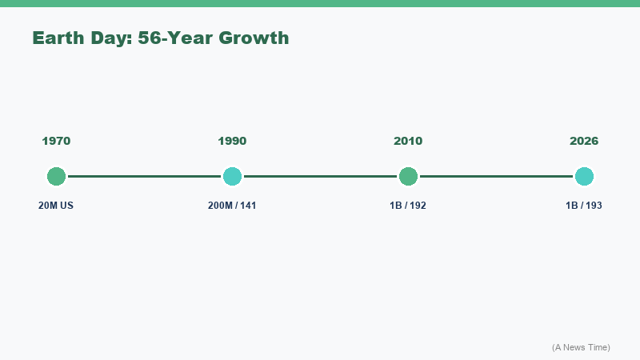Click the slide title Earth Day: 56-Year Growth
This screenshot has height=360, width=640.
click(x=160, y=38)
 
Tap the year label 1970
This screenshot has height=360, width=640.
click(x=56, y=142)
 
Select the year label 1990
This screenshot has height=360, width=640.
click(x=232, y=142)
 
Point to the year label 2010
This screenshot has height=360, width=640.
click(x=408, y=142)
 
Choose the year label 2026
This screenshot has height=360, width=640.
click(x=584, y=142)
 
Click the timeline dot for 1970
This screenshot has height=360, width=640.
click(x=56, y=176)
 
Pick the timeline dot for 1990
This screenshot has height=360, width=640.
click(x=232, y=176)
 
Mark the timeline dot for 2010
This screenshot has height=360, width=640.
click(x=408, y=176)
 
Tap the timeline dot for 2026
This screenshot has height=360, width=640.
click(x=584, y=176)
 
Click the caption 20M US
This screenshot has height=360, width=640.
click(x=56, y=206)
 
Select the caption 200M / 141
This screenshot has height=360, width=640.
click(x=232, y=206)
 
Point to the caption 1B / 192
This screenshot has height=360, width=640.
click(x=408, y=206)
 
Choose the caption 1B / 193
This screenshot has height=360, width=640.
click(x=584, y=206)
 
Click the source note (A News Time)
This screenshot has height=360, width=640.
click(x=581, y=347)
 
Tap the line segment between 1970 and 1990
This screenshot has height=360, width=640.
click(x=144, y=176)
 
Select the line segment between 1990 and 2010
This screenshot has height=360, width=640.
click(x=320, y=176)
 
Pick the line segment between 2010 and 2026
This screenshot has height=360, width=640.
click(x=496, y=176)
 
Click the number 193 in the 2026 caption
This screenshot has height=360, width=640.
click(x=594, y=206)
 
